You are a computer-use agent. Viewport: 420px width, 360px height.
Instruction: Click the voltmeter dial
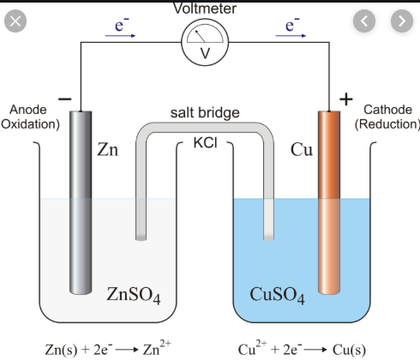(205, 42)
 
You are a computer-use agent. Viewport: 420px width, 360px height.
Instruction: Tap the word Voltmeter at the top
(205, 9)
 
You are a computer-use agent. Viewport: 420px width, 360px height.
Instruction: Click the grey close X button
(15, 21)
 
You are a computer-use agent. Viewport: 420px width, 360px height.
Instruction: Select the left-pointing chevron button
(364, 21)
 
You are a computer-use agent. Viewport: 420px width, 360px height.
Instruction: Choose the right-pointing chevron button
(402, 21)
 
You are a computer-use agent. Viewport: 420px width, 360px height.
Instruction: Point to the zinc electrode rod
(81, 202)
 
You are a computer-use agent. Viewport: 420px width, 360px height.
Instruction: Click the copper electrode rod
(329, 202)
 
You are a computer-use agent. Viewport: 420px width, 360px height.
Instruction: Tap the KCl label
(205, 142)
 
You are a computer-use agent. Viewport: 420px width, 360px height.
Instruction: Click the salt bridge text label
(205, 112)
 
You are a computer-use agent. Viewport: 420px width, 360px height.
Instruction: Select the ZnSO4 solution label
(134, 295)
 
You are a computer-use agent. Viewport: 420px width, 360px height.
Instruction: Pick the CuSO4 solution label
(277, 295)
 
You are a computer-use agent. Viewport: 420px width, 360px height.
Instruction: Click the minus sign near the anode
(65, 99)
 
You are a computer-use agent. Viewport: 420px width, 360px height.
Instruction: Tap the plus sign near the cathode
(346, 99)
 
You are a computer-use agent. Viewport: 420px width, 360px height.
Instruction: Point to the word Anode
(28, 110)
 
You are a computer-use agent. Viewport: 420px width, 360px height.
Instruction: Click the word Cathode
(387, 110)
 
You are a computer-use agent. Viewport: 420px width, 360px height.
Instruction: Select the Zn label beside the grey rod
(107, 149)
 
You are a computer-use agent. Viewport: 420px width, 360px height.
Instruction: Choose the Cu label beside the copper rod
(302, 149)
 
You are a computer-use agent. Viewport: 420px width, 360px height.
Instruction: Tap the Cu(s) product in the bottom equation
(349, 349)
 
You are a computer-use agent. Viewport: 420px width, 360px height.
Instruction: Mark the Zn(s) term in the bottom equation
(61, 349)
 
